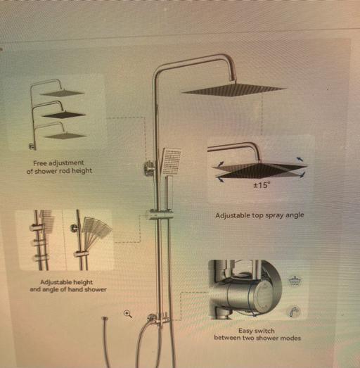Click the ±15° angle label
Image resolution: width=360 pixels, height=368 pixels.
click(x=262, y=186)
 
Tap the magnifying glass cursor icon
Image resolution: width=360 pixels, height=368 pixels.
click(x=128, y=314)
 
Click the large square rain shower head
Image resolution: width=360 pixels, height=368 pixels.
click(x=234, y=89)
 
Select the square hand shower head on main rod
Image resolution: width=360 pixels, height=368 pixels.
click(x=171, y=161)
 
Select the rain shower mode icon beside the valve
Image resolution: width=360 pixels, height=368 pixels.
click(x=294, y=281)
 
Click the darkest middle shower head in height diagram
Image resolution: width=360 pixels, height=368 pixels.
click(x=63, y=115)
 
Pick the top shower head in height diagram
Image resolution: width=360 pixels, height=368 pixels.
click(x=62, y=94)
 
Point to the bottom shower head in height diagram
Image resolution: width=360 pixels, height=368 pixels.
click(x=65, y=136)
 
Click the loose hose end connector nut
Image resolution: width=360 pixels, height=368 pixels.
click(x=105, y=319)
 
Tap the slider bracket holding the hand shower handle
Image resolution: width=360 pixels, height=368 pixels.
click(x=160, y=215)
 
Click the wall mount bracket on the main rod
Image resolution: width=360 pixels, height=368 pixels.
click(x=149, y=167)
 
